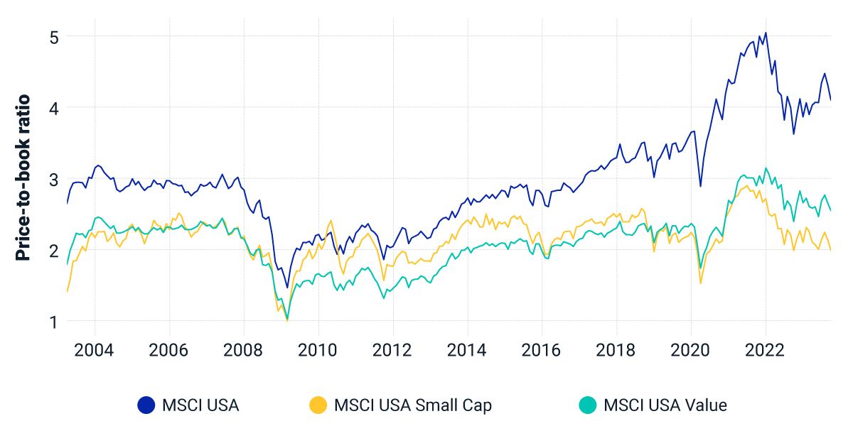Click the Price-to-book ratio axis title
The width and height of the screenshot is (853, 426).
click(x=23, y=177)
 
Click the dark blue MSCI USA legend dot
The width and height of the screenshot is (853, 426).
click(x=146, y=405)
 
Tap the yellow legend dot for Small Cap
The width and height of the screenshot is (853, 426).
click(x=318, y=405)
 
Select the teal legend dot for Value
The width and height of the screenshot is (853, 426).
click(x=587, y=405)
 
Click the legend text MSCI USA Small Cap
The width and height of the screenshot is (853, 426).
click(x=413, y=405)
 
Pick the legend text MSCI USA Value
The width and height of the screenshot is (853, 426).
click(x=665, y=405)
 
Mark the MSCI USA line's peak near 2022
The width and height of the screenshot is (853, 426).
click(x=766, y=32)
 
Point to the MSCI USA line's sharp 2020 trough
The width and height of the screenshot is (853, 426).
click(x=701, y=187)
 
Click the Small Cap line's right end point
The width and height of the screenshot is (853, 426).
click(x=831, y=250)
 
